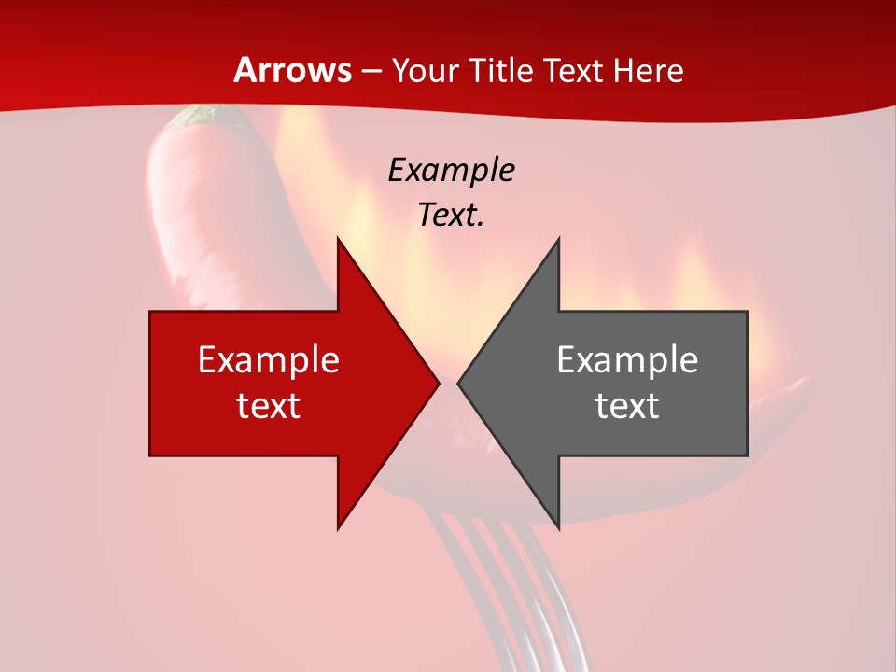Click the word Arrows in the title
point(293,70)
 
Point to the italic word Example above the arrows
point(451,170)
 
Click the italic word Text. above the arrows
point(451,216)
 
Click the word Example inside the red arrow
point(269,359)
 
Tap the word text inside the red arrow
point(269,405)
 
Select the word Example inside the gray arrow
point(627,359)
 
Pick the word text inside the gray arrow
point(627,405)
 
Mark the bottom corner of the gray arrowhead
point(558,526)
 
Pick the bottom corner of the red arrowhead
point(339,526)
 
